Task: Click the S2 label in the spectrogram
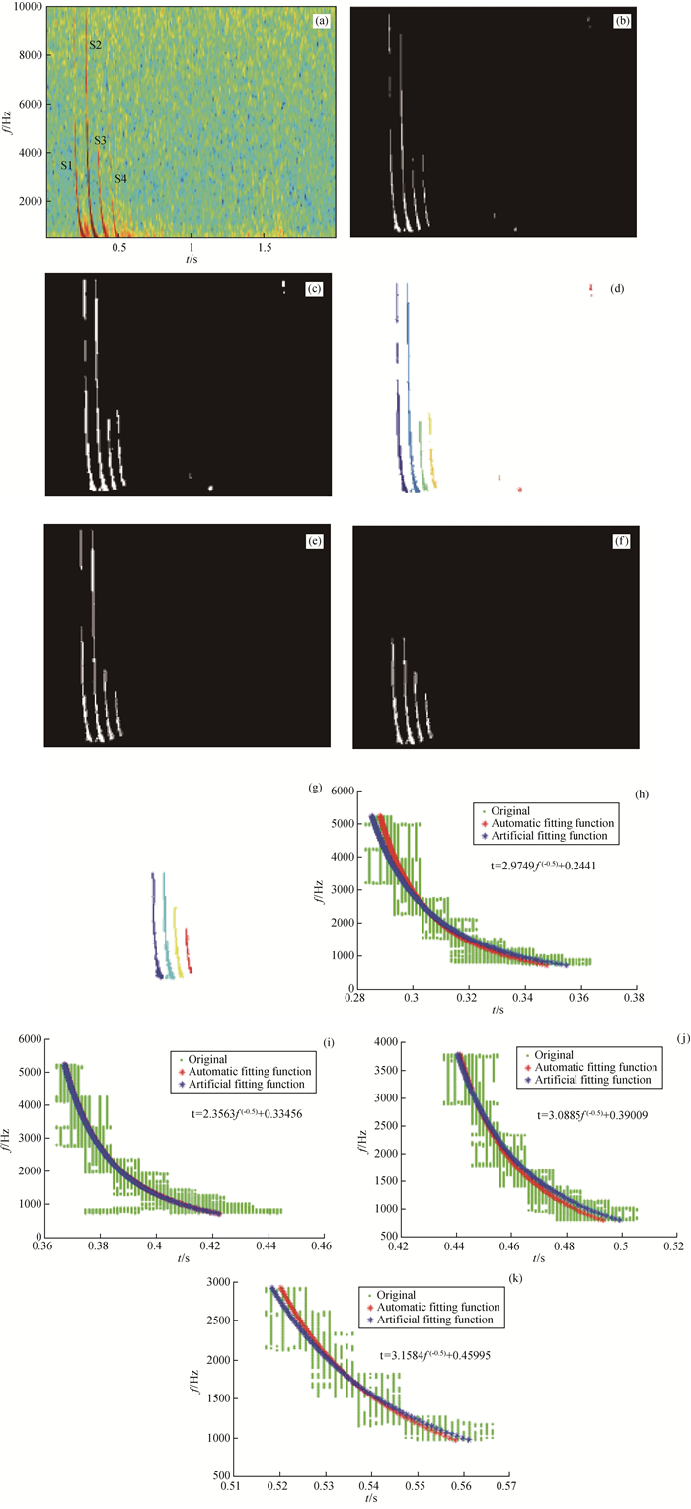[95, 46]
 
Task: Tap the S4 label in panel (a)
[120, 179]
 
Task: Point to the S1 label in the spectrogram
[66, 165]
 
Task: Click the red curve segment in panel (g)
[187, 949]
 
